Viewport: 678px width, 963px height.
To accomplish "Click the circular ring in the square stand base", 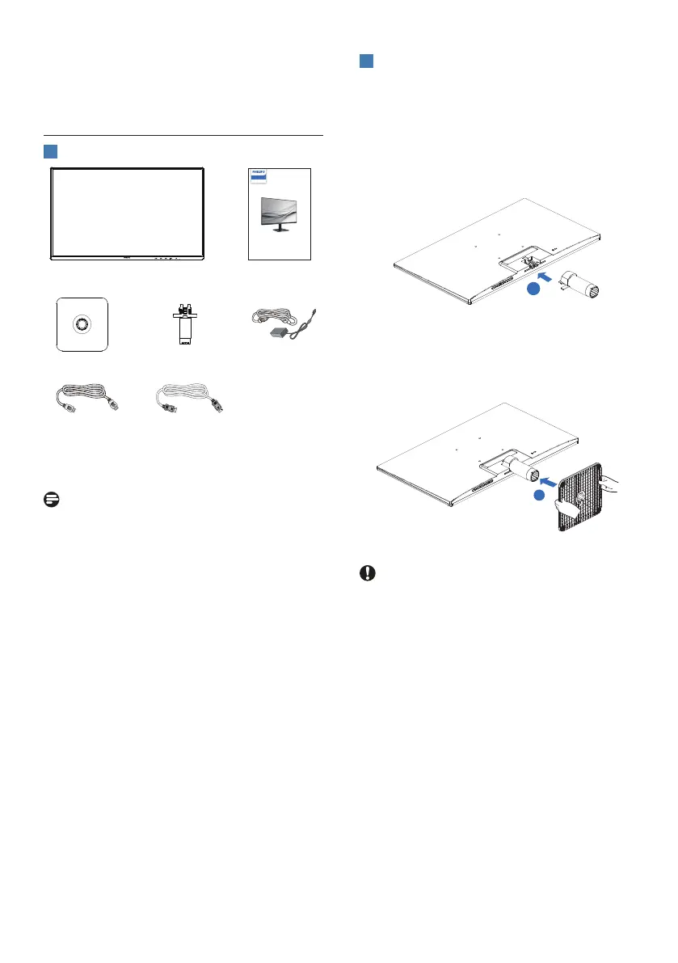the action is [82, 323].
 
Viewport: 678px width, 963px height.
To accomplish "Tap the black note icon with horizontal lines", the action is [49, 500].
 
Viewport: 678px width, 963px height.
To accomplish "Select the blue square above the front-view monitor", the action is [49, 152].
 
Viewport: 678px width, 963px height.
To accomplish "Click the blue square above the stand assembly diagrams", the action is [366, 62].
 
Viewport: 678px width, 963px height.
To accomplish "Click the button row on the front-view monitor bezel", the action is [164, 260].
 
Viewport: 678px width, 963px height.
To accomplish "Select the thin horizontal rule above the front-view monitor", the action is [183, 135].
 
